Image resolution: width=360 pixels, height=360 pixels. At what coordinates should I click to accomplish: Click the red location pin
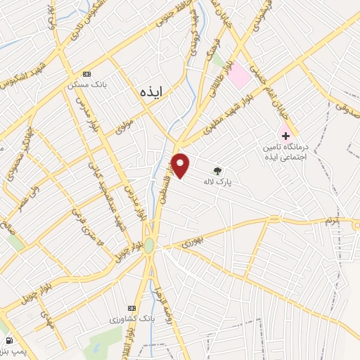[x=181, y=165]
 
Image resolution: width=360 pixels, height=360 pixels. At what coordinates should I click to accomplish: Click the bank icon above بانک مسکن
[x=87, y=74]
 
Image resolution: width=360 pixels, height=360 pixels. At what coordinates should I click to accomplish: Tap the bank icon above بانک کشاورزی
[x=131, y=309]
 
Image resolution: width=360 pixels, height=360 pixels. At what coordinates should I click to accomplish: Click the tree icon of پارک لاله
[x=217, y=169]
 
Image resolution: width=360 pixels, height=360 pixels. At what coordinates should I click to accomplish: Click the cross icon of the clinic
[x=285, y=134]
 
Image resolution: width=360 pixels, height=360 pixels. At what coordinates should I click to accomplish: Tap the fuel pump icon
[x=8, y=340]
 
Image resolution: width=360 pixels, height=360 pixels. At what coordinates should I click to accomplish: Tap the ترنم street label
[x=330, y=221]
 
